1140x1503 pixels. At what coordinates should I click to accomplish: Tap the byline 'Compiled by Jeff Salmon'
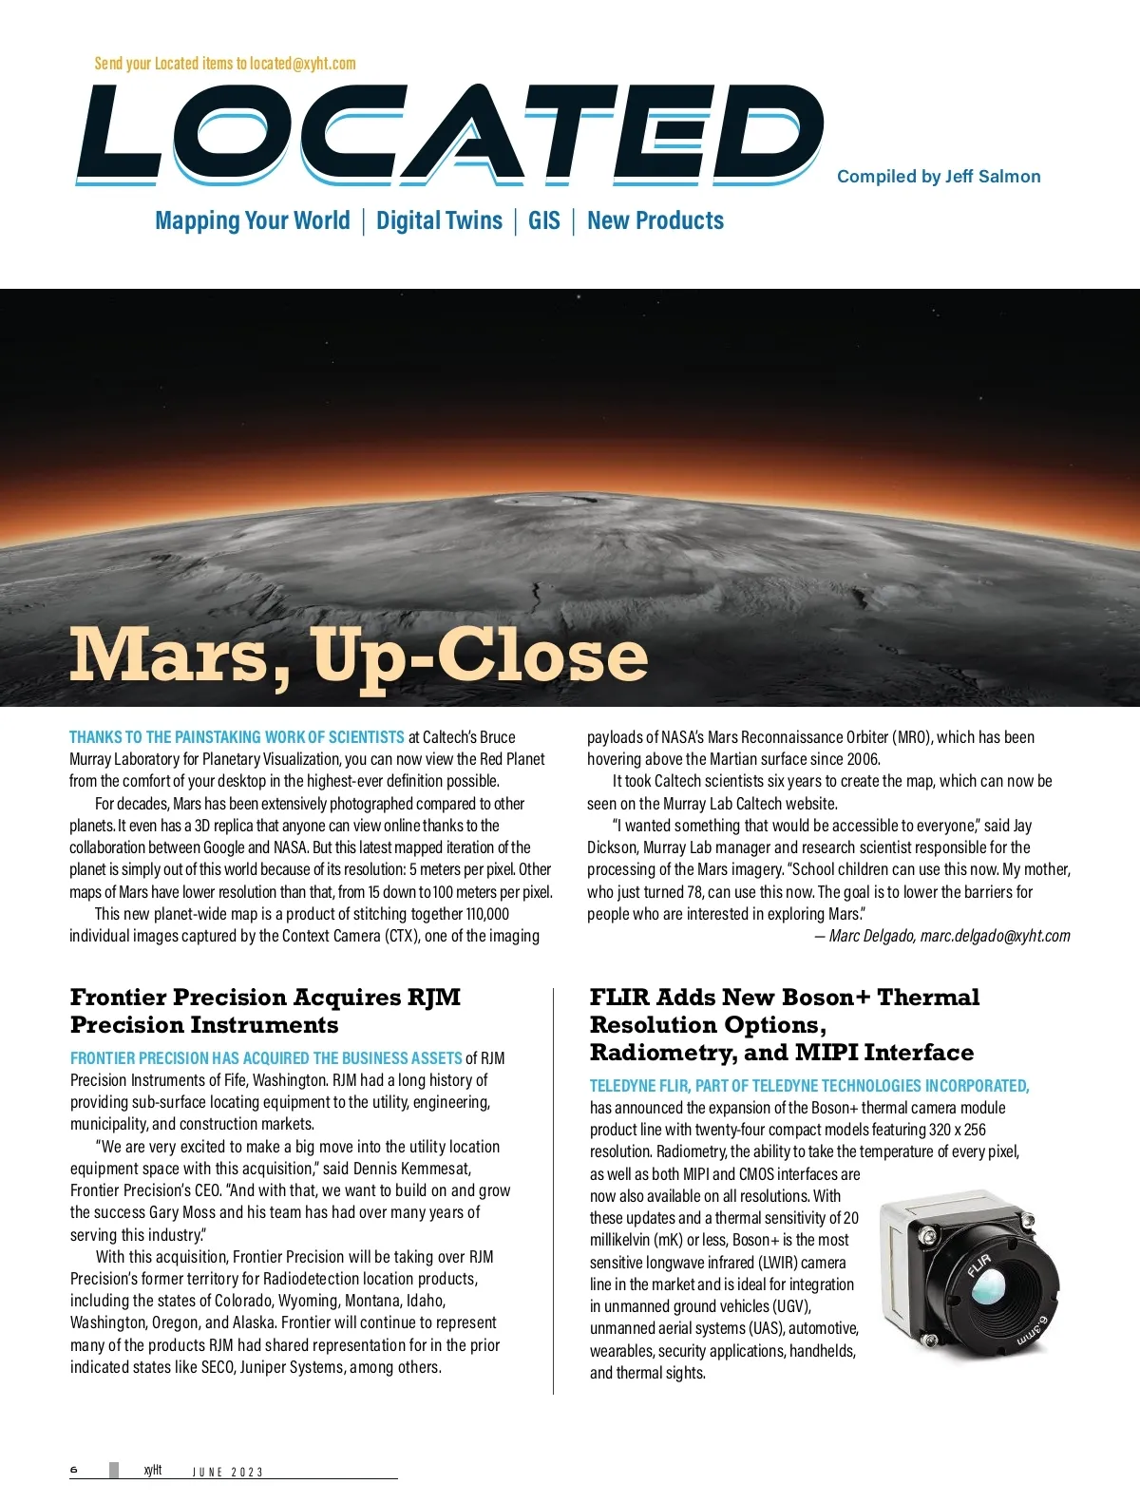click(x=939, y=176)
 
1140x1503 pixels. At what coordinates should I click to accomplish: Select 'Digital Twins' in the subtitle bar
click(x=439, y=220)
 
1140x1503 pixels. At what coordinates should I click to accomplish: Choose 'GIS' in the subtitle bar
click(x=544, y=220)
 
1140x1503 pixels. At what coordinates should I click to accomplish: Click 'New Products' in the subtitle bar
click(x=655, y=220)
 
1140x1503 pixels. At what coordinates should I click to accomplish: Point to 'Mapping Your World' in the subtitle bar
click(x=253, y=220)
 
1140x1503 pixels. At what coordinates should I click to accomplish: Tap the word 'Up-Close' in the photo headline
click(x=480, y=656)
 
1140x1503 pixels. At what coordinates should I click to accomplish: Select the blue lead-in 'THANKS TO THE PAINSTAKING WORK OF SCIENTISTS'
click(x=237, y=737)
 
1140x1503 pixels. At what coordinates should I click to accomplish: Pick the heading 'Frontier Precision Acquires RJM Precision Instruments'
click(x=265, y=1010)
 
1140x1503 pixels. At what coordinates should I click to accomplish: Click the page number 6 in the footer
click(x=74, y=1470)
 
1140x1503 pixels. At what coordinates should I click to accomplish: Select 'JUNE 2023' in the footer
click(x=228, y=1472)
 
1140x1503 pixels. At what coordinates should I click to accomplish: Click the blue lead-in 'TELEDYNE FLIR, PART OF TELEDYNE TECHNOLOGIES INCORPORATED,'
click(x=809, y=1086)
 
